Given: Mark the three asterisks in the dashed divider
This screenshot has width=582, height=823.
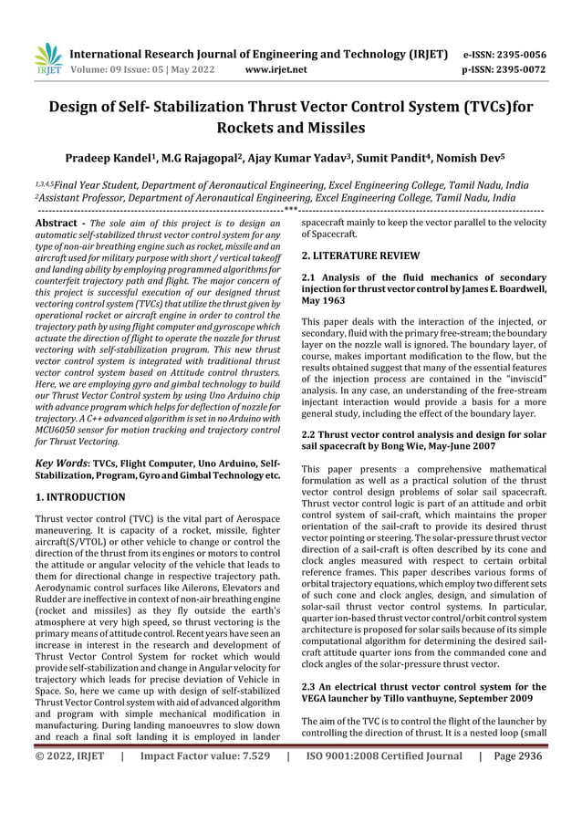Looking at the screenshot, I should [290, 210].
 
